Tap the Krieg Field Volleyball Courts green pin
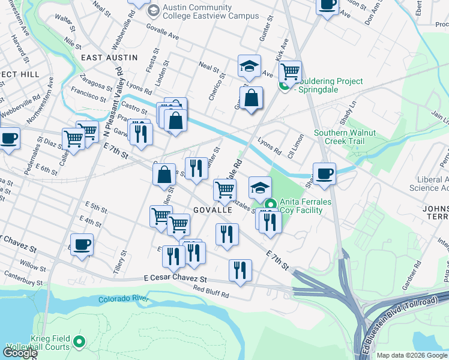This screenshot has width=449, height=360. click(x=79, y=343)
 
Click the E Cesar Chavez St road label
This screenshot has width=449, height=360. click(x=175, y=279)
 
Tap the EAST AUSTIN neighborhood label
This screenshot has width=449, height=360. click(x=109, y=58)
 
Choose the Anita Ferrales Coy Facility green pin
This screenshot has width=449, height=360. click(x=270, y=205)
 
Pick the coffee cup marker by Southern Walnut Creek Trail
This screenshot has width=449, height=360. click(x=324, y=174)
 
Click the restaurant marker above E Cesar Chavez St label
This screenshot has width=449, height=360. click(x=240, y=270)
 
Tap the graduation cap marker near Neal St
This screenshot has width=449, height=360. click(x=249, y=67)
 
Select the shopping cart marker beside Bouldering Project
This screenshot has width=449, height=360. click(x=290, y=71)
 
